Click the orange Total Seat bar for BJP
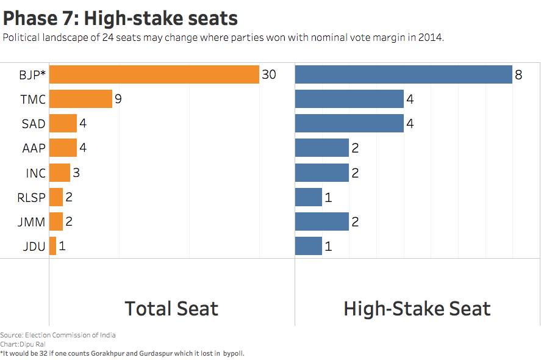click(x=154, y=74)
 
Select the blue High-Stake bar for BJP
click(x=403, y=74)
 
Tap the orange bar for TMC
click(x=81, y=99)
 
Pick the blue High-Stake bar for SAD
click(x=349, y=123)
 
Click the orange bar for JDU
click(x=52, y=246)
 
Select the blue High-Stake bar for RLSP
click(x=308, y=197)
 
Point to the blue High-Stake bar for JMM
click(x=321, y=221)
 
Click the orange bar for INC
click(x=59, y=173)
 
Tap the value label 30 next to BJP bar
click(x=269, y=74)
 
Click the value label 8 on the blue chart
click(x=518, y=75)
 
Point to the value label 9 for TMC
click(x=118, y=99)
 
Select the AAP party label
click(x=35, y=148)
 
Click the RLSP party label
click(x=32, y=198)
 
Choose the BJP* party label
click(x=32, y=75)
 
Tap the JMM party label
click(x=32, y=222)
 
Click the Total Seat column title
click(x=171, y=309)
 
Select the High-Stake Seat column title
click(x=417, y=309)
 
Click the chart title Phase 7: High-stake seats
click(x=120, y=18)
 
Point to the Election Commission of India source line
click(x=58, y=335)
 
